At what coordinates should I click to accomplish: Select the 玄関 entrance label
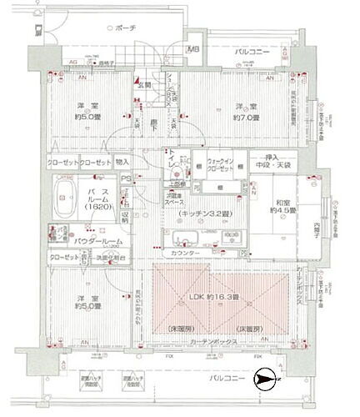(x=143, y=85)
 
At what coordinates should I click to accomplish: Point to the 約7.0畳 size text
(x=242, y=117)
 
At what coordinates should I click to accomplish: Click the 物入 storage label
(x=122, y=162)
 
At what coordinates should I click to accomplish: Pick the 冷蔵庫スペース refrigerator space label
(x=175, y=200)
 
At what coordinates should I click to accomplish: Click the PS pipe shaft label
(x=126, y=178)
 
